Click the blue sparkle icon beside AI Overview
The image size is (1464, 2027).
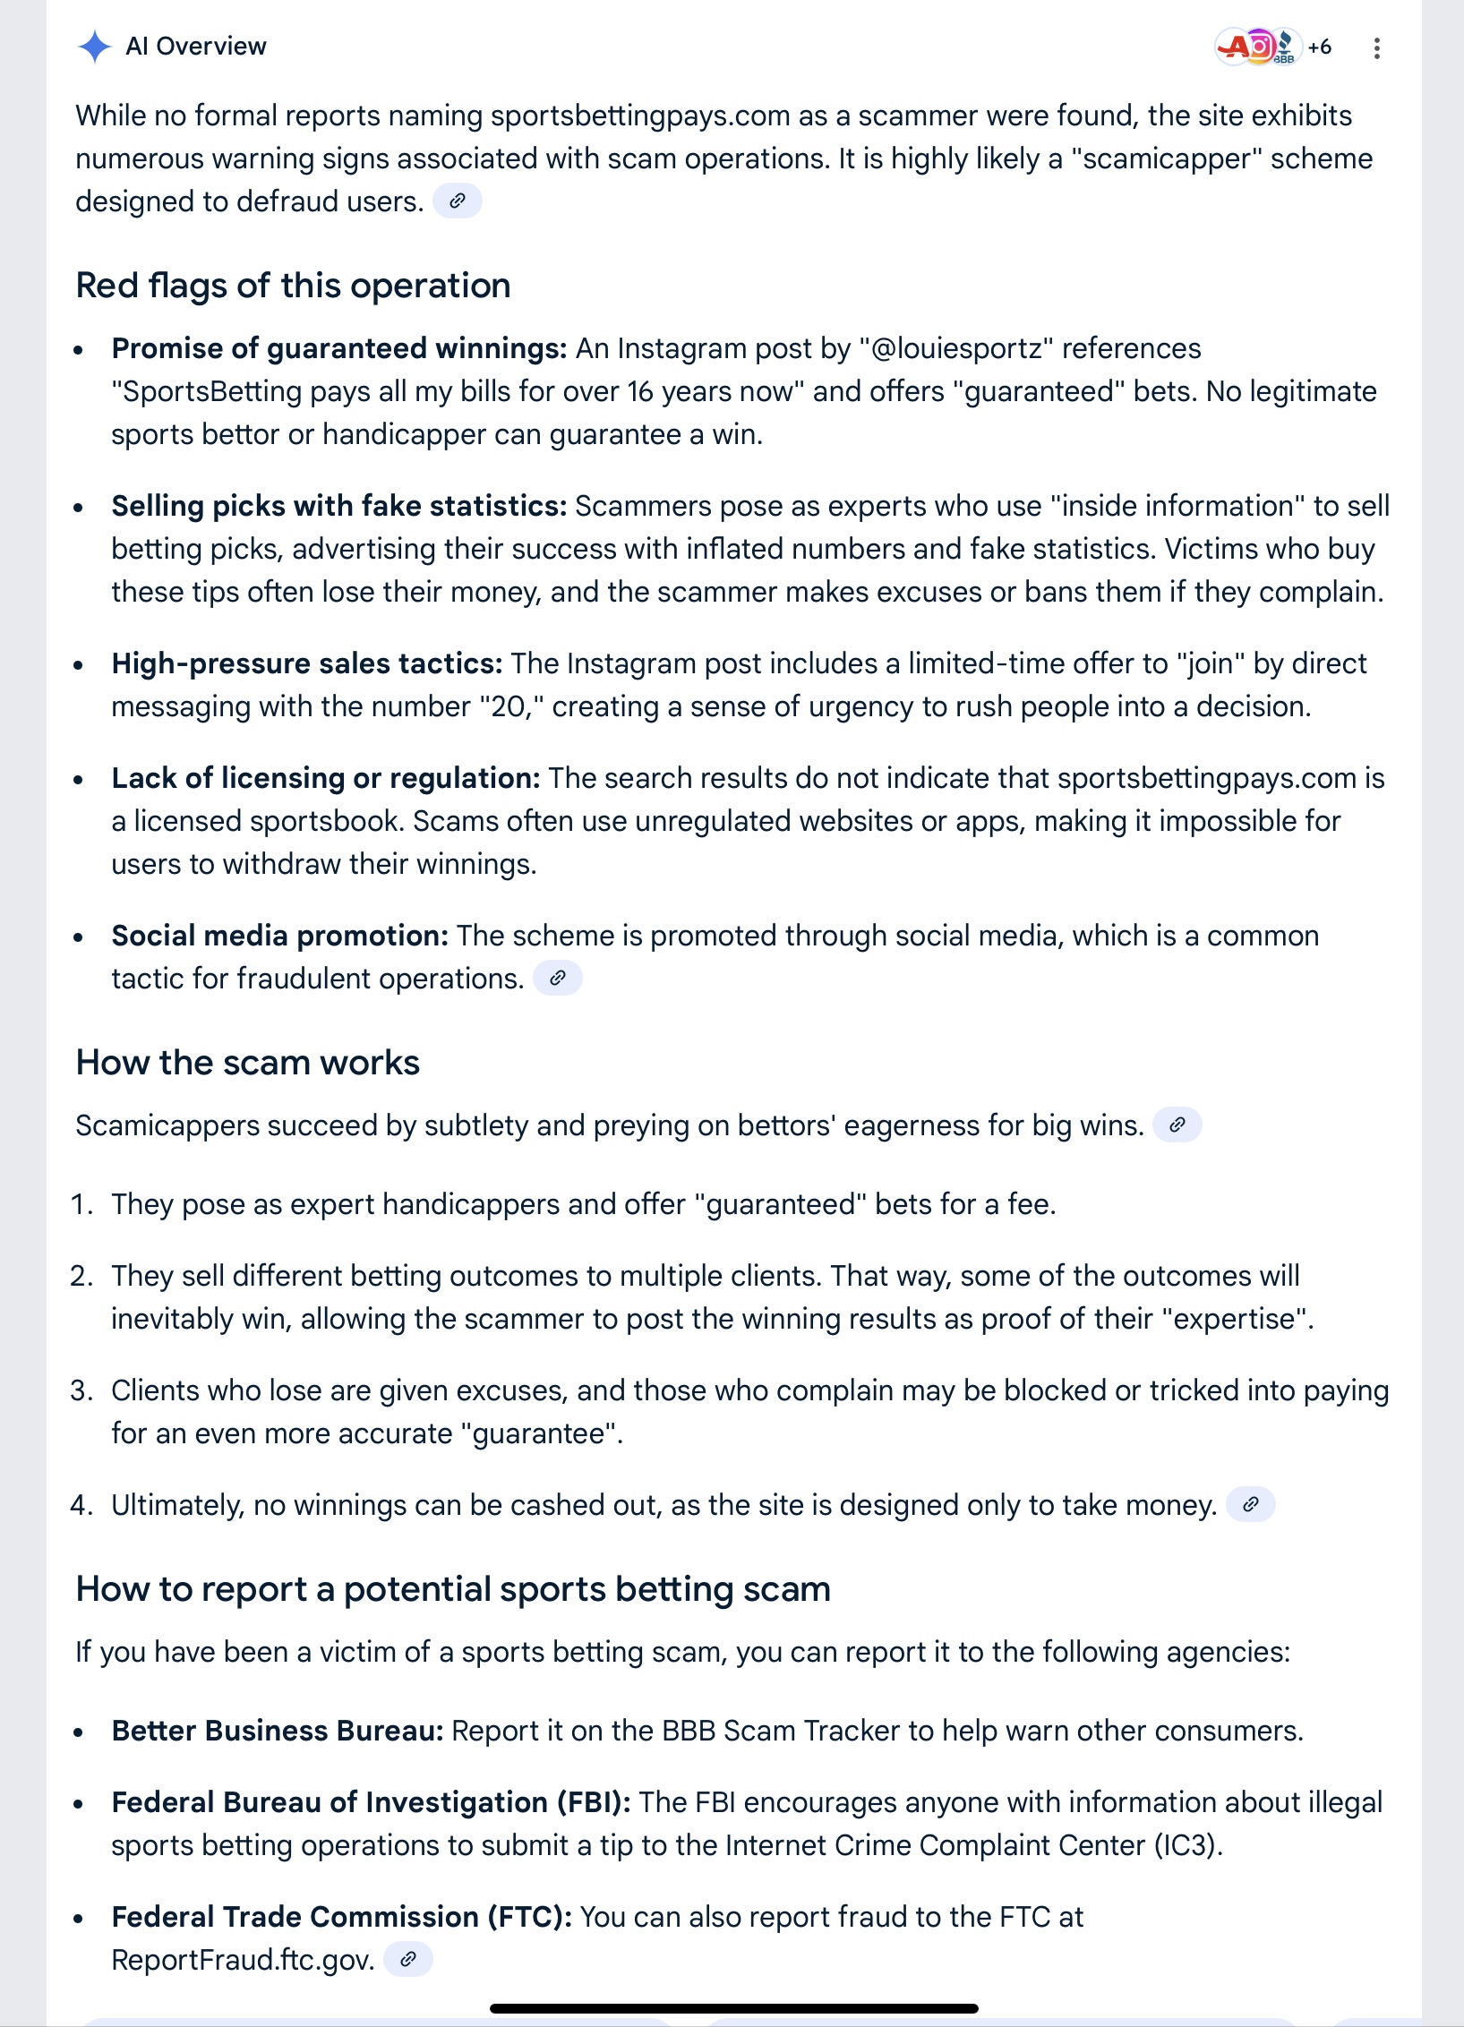pos(94,47)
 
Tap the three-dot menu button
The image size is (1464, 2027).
pos(1376,48)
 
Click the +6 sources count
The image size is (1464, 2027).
pos(1319,47)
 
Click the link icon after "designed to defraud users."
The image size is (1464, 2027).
pos(458,201)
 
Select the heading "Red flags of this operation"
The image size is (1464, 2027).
pos(293,286)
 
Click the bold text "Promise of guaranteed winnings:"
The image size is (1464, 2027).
pos(339,348)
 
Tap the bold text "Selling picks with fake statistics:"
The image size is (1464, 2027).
pos(339,506)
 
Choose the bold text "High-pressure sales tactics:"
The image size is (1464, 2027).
pos(307,663)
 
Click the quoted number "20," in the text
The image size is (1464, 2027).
pos(511,706)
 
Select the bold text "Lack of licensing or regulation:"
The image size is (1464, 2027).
pos(326,778)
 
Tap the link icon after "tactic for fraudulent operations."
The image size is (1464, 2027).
pos(558,979)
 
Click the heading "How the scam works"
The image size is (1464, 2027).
pos(248,1063)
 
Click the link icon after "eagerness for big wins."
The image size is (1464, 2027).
pos(1177,1125)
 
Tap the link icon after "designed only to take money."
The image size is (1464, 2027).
pos(1251,1505)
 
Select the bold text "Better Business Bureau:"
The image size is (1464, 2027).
pos(278,1731)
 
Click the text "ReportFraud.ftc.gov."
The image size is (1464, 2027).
pos(243,1960)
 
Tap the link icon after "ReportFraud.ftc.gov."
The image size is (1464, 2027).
pos(408,1960)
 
